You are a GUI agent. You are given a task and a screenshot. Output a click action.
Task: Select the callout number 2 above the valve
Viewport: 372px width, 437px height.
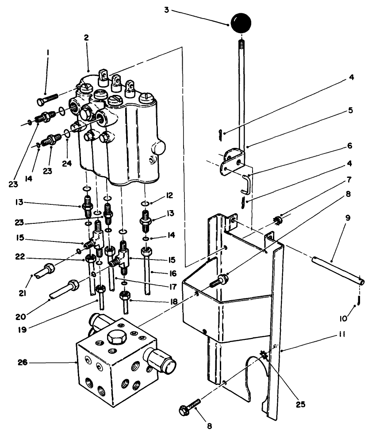86,38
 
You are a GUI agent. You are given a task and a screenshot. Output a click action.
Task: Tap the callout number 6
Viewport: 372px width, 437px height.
349,144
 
